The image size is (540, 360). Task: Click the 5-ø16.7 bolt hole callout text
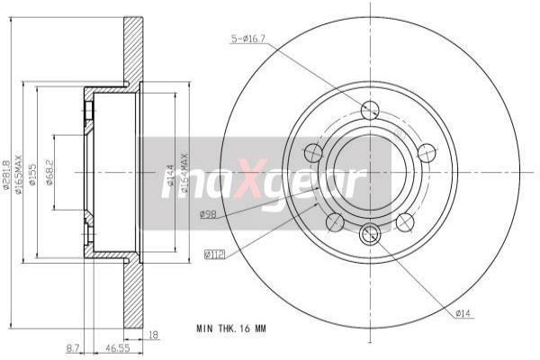(249, 39)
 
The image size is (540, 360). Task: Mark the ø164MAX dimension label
(184, 170)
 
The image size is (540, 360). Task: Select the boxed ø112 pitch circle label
(214, 255)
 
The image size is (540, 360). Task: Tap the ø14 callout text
(463, 312)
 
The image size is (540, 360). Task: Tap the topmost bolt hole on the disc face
(370, 110)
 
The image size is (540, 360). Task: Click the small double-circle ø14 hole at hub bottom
(370, 236)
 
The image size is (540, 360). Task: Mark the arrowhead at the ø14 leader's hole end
(376, 242)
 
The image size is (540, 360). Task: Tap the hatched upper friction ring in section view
(133, 49)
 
